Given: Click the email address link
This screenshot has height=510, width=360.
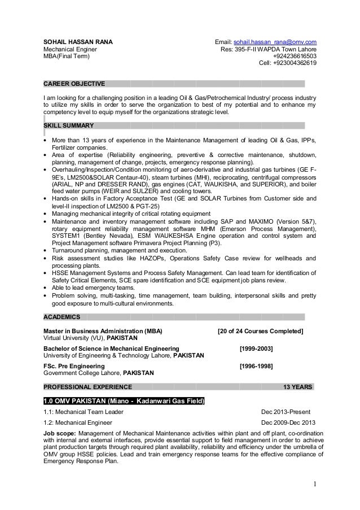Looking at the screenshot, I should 275,42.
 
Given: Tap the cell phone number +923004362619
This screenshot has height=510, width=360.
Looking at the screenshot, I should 295,63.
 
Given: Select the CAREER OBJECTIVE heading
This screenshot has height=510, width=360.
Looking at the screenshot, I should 74,84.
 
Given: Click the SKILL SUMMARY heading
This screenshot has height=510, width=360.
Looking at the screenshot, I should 69,125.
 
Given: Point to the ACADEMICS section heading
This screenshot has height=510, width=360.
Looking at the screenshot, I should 62,316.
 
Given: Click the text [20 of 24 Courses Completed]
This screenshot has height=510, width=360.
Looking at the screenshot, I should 260,330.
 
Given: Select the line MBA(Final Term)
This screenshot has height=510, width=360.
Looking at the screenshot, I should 66,56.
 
